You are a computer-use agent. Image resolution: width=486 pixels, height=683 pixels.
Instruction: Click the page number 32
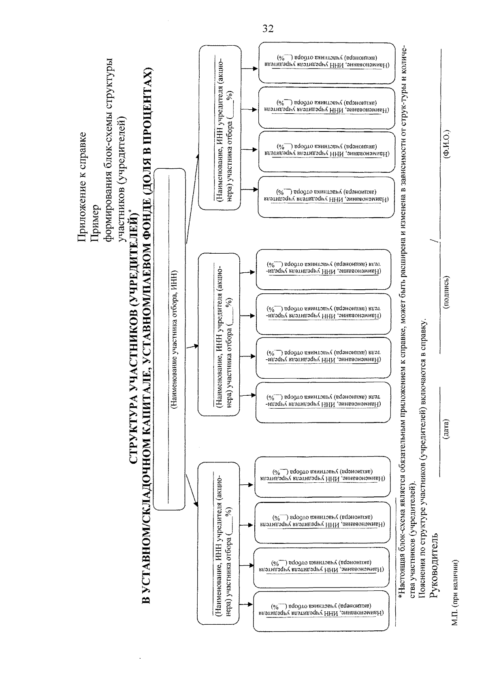(x=268, y=28)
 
